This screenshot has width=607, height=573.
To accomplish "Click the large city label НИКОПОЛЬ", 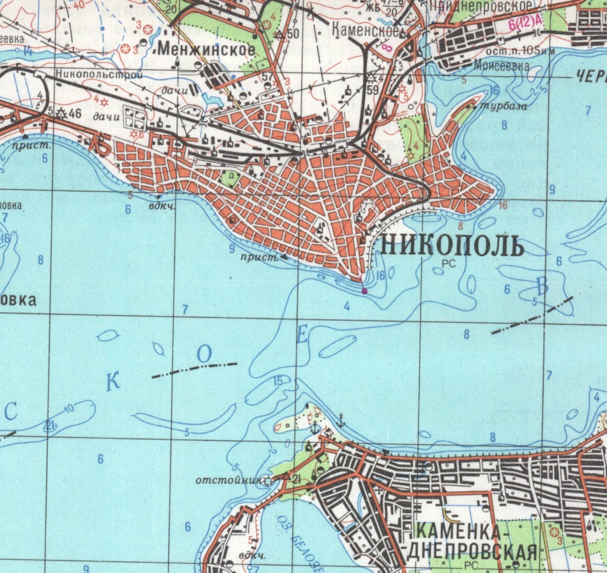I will coord(451,245).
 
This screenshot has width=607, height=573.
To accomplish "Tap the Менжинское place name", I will coord(206,50).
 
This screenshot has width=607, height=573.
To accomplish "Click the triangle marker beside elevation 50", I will coord(279,34).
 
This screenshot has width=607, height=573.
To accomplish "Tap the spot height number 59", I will coord(373,89).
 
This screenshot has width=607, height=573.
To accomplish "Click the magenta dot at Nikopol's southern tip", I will coord(364,291).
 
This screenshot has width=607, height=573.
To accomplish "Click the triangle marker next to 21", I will coord(286,476).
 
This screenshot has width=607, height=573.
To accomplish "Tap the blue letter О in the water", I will coord(204,354).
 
